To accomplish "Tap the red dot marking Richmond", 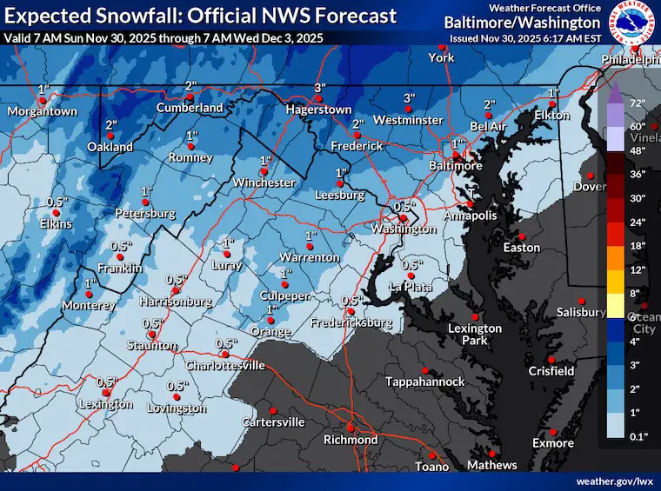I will tap(350, 428).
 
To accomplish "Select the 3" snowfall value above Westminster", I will tap(408, 97).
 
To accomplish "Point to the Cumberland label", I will tap(190, 108).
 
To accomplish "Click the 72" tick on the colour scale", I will tap(635, 103).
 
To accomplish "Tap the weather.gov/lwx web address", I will tap(613, 481).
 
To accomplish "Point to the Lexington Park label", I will tap(475, 334).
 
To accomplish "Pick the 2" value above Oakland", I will tap(111, 126).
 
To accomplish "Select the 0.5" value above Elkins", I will tap(57, 202).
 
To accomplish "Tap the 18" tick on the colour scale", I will tap(638, 247).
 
